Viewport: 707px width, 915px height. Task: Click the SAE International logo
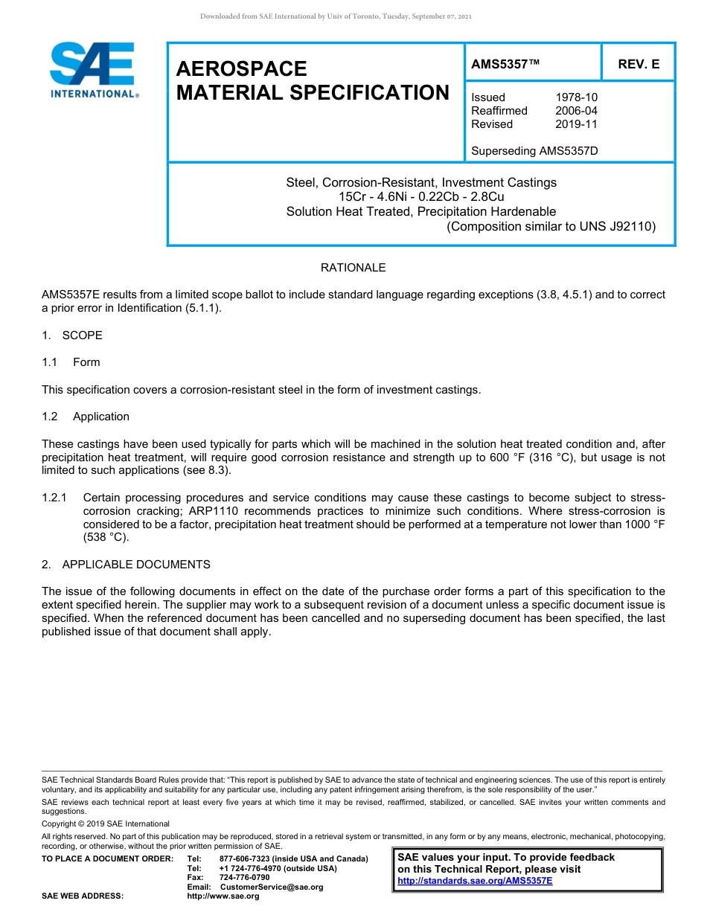(x=93, y=70)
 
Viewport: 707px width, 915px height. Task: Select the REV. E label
(x=638, y=65)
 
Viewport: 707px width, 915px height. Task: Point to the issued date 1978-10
(x=576, y=97)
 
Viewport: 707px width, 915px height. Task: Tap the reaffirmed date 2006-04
(x=576, y=111)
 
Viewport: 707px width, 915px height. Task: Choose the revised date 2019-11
(x=576, y=124)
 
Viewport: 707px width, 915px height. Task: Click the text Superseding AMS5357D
(x=534, y=151)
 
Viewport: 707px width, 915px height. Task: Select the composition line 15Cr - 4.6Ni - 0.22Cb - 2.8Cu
(x=421, y=196)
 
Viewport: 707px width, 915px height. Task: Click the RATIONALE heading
(x=353, y=268)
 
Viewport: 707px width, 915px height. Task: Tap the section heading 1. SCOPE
(x=72, y=335)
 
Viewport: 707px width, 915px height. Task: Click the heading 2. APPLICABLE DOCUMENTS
(x=126, y=565)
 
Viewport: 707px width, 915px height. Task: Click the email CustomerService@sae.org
(x=272, y=887)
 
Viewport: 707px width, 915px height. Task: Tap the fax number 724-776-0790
(x=244, y=878)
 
